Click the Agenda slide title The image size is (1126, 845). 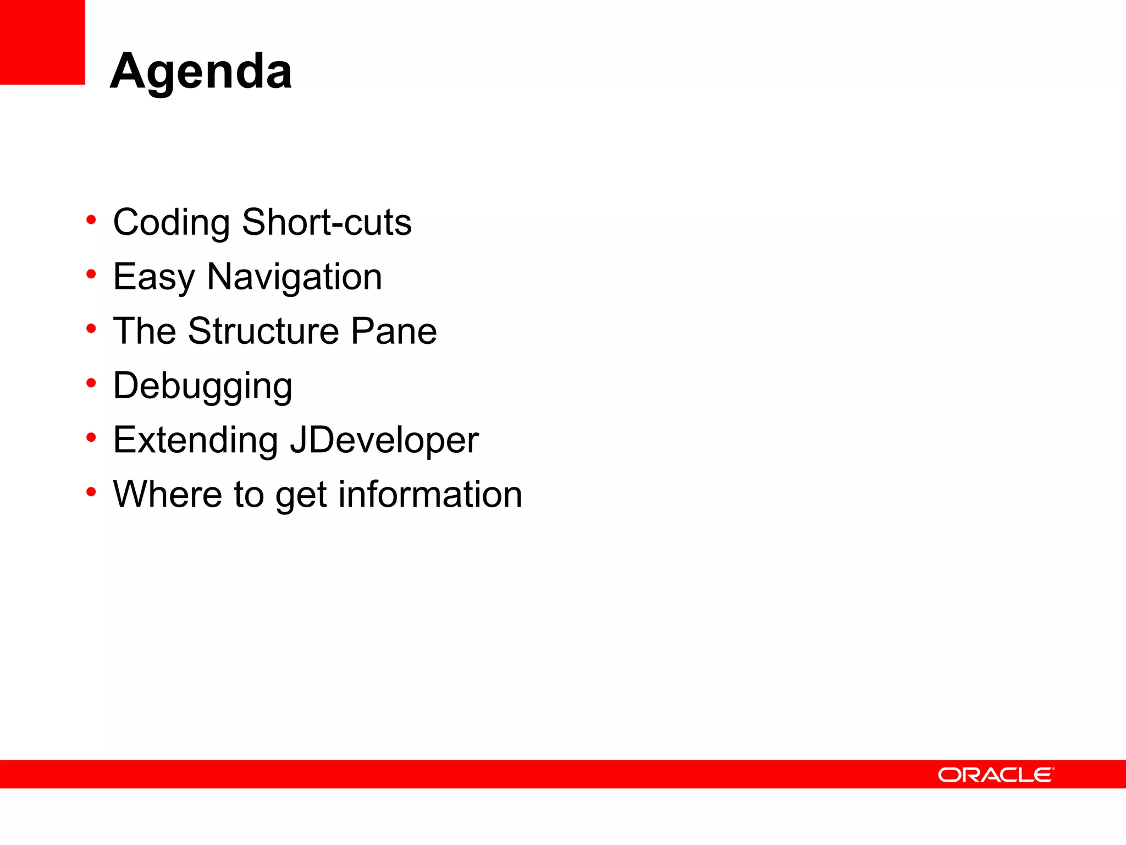(x=201, y=72)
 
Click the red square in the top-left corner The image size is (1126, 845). (x=42, y=42)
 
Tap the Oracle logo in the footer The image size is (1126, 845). (x=996, y=775)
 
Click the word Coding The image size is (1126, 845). (x=171, y=223)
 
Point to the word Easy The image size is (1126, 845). (x=153, y=277)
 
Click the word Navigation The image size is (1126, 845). (x=294, y=277)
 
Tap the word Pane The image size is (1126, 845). (x=394, y=331)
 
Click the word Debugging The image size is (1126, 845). (x=202, y=386)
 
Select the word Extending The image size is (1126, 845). (x=195, y=440)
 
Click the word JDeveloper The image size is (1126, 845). (x=384, y=440)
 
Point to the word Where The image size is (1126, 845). (x=168, y=494)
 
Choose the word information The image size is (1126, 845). (x=430, y=494)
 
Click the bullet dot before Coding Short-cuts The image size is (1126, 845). (x=91, y=220)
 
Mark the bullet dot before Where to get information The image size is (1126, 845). (x=91, y=492)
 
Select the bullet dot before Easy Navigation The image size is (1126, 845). (x=91, y=274)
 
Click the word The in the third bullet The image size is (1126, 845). (x=145, y=331)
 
